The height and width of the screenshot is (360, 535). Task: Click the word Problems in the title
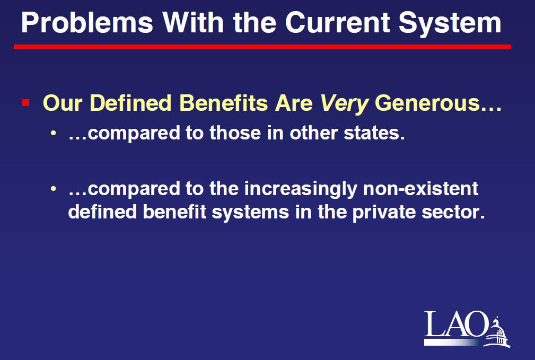[x=87, y=23]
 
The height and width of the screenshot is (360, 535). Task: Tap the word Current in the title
[x=338, y=23]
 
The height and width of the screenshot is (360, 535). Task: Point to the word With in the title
[x=193, y=22]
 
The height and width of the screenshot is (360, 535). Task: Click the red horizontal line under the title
[x=262, y=47]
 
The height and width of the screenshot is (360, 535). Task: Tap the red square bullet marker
[x=25, y=102]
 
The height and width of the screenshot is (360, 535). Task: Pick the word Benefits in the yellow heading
[x=223, y=103]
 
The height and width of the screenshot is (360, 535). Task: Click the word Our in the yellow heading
[x=63, y=103]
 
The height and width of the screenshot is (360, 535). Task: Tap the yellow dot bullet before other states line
[x=53, y=133]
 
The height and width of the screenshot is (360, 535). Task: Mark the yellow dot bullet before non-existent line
[x=53, y=188]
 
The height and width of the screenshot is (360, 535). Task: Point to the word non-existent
[x=420, y=189]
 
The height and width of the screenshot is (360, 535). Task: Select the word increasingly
[x=301, y=189]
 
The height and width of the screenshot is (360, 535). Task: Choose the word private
[x=384, y=213]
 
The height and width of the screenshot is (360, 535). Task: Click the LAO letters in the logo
[x=455, y=323]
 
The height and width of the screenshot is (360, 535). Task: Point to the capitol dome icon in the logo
[x=497, y=332]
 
